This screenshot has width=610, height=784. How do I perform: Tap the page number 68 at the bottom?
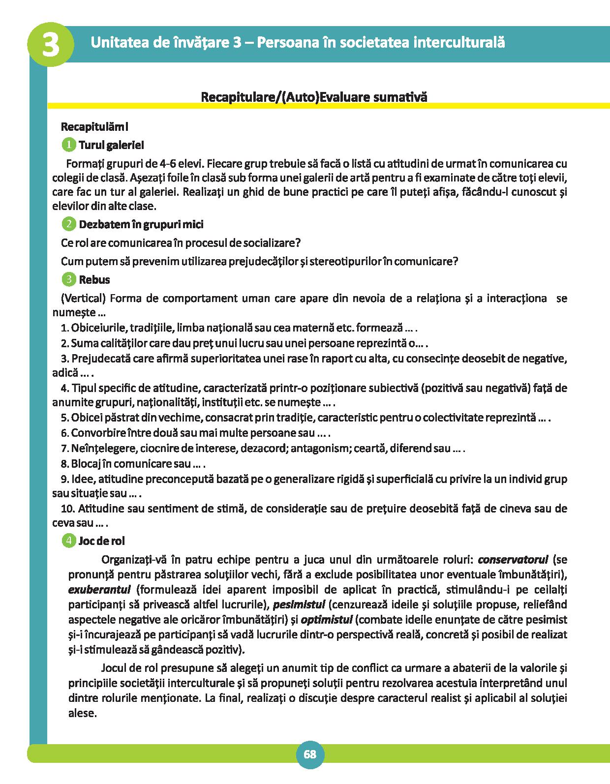click(310, 754)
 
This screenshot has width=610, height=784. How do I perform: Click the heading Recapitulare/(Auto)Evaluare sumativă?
click(314, 97)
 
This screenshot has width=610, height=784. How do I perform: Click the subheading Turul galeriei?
click(111, 146)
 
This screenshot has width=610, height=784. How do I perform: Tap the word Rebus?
click(94, 280)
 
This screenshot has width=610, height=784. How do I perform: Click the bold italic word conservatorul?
click(513, 559)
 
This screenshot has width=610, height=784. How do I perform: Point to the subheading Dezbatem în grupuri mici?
click(141, 224)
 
